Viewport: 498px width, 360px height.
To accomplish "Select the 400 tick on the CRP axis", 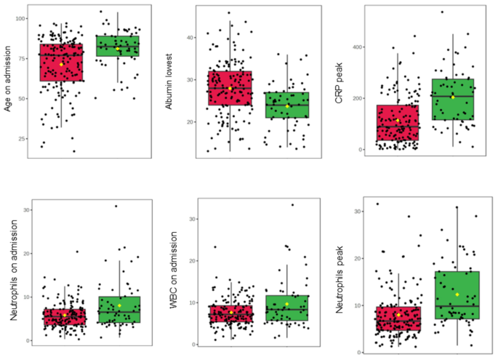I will tap(356, 47).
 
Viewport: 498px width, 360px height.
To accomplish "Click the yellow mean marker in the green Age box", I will tap(118, 49).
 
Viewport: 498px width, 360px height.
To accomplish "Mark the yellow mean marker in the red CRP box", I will tap(398, 120).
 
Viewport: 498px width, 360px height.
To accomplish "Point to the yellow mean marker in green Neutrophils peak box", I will tap(457, 295).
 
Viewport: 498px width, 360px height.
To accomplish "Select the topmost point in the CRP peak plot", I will tap(441, 12).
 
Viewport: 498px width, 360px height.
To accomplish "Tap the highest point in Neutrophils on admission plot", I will tap(115, 206).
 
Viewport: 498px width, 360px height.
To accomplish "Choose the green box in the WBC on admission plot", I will tap(287, 308).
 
